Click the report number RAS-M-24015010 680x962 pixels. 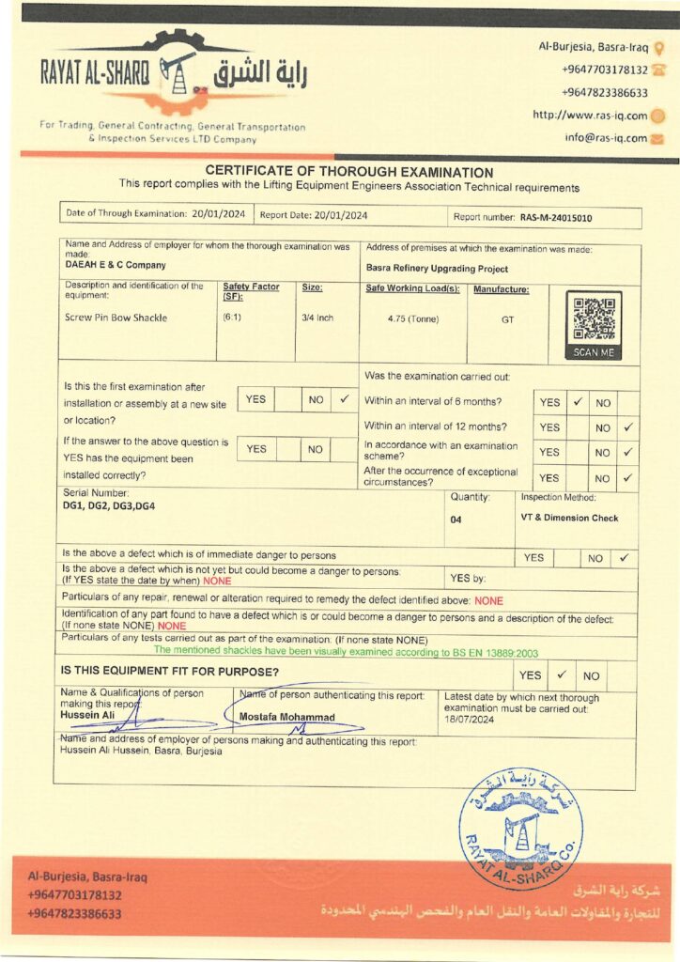click(x=556, y=217)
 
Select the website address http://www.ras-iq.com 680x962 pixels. click(x=590, y=116)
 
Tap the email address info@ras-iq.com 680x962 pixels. click(x=605, y=138)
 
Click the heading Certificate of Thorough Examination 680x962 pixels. click(x=348, y=172)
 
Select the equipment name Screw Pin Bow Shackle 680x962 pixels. click(x=116, y=318)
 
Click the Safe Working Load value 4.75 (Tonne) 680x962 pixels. click(x=413, y=318)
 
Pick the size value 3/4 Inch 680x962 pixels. click(x=317, y=318)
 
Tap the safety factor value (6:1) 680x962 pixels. click(x=232, y=318)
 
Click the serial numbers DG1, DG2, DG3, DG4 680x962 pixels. click(x=109, y=505)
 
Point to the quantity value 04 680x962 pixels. click(x=456, y=518)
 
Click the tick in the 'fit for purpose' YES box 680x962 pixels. click(x=560, y=675)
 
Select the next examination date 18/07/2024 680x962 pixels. click(x=469, y=719)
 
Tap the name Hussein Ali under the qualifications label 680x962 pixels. click(x=86, y=715)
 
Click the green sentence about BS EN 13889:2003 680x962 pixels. click(x=346, y=650)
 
